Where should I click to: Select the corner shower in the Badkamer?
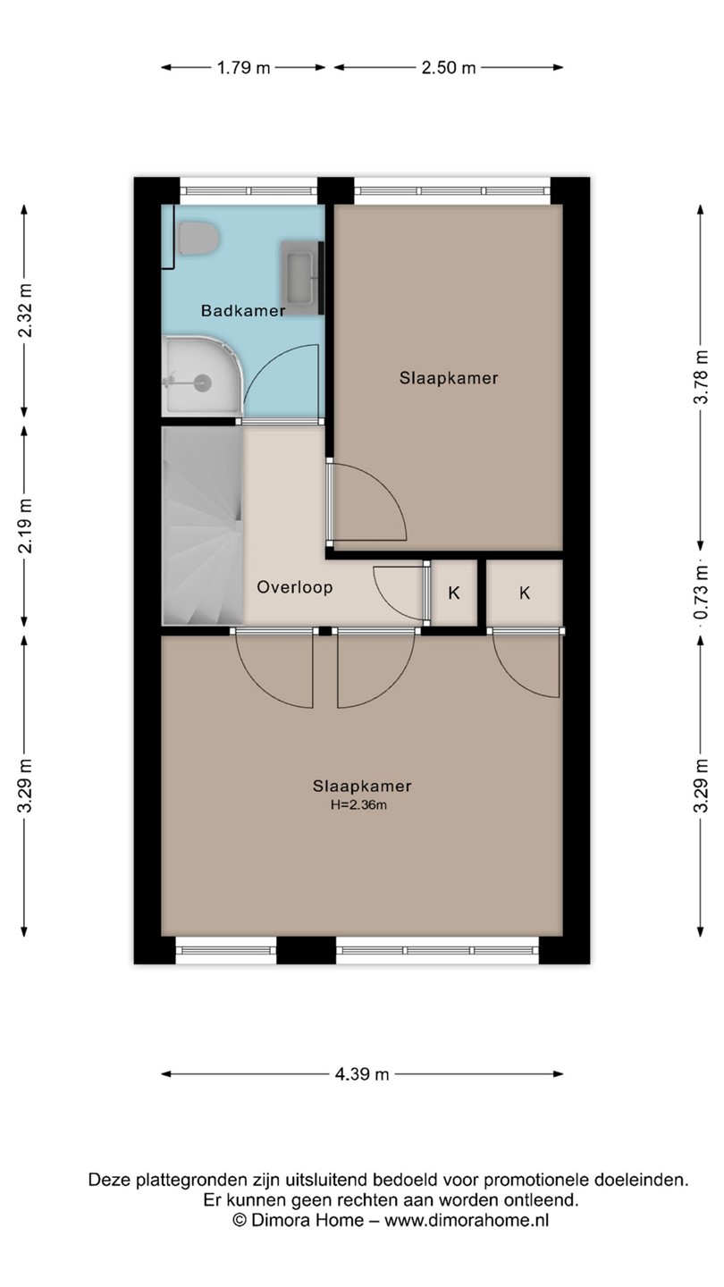pos(202,375)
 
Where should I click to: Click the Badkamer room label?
pos(243,311)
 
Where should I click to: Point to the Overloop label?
pos(295,587)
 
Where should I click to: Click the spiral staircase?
pos(202,526)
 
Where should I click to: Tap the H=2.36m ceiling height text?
pos(358,805)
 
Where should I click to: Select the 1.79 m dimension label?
pos(243,68)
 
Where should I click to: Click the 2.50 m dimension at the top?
pos(449,68)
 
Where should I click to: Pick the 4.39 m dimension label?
pos(362,1074)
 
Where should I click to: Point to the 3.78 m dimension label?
pos(701,377)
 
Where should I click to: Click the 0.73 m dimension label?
pos(701,593)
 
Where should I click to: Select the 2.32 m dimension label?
pos(24,311)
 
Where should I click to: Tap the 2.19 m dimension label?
pos(24,526)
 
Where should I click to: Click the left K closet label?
pos(454,593)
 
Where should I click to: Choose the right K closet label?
pos(525,593)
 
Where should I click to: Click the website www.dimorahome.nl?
pos(467,1220)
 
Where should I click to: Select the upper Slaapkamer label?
pos(449,378)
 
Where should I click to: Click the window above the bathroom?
pos(248,190)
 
